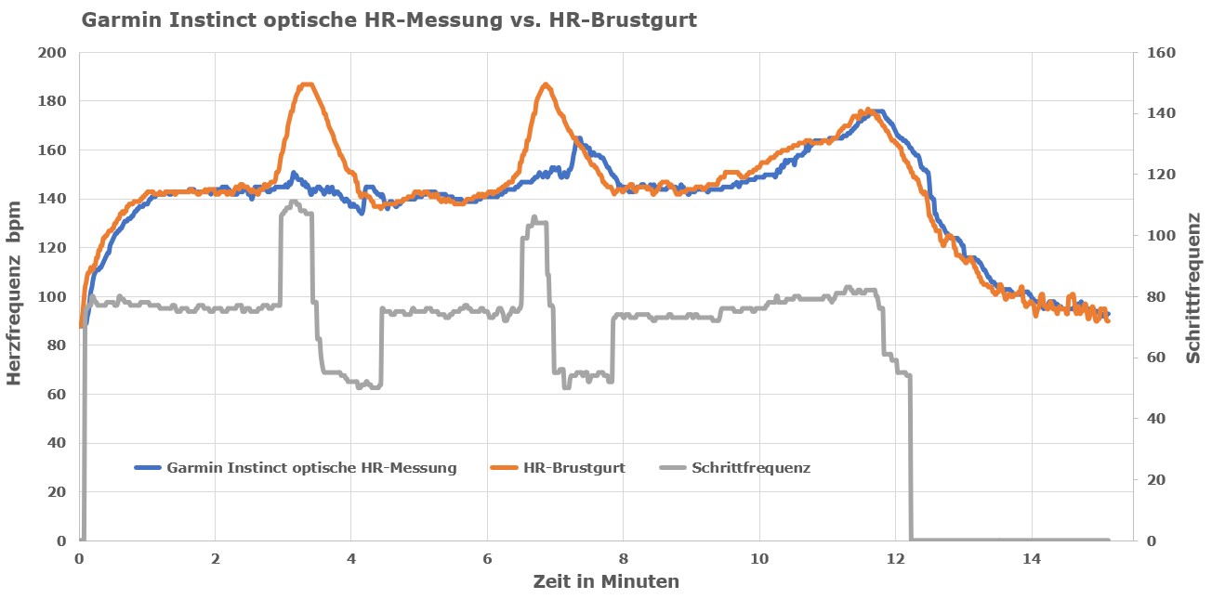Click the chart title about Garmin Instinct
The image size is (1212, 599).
(389, 20)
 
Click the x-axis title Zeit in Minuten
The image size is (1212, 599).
(606, 582)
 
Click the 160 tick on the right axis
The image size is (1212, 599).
(1162, 52)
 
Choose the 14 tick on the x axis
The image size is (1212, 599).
(1032, 560)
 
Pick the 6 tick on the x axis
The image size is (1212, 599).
(487, 560)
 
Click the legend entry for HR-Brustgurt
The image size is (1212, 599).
(573, 468)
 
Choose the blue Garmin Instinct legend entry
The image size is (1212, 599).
(311, 468)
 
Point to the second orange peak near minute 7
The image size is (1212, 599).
(546, 85)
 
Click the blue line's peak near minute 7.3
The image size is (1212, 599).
(577, 139)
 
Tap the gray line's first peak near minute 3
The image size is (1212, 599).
(294, 202)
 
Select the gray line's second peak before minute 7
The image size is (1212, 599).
(534, 218)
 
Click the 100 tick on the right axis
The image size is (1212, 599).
(1162, 235)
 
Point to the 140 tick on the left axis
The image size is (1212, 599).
(55, 199)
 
